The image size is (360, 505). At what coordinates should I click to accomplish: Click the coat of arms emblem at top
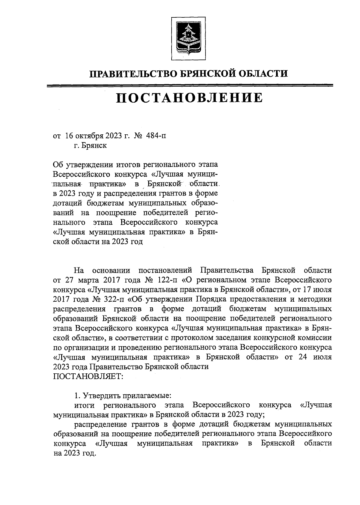pyautogui.click(x=188, y=38)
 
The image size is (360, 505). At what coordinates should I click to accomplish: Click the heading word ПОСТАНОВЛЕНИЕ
pyautogui.click(x=190, y=98)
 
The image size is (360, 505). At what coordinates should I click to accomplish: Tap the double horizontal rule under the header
pyautogui.click(x=190, y=86)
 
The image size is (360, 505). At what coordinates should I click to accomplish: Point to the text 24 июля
pyautogui.click(x=316, y=357)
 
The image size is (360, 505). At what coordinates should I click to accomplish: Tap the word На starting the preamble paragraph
pyautogui.click(x=79, y=270)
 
